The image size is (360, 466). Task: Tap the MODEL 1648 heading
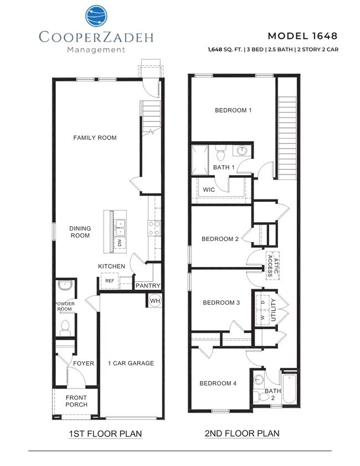[x=302, y=36]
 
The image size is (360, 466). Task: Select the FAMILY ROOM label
[x=95, y=137]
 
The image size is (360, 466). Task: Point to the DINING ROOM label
[x=80, y=232]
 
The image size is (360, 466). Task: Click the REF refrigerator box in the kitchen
[x=110, y=281]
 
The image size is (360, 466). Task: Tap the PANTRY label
[x=148, y=286]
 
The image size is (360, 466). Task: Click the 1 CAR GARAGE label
[x=131, y=363]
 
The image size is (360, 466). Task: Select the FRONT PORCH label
[x=76, y=402]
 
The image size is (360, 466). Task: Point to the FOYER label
[x=84, y=363]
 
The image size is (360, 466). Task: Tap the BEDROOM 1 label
[x=233, y=110]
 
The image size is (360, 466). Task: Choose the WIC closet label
[x=209, y=190]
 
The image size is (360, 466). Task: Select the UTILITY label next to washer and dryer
[x=272, y=309]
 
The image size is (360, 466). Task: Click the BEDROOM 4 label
[x=218, y=383]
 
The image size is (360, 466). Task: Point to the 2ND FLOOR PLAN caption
[x=243, y=433]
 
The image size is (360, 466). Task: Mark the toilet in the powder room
[x=64, y=326]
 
